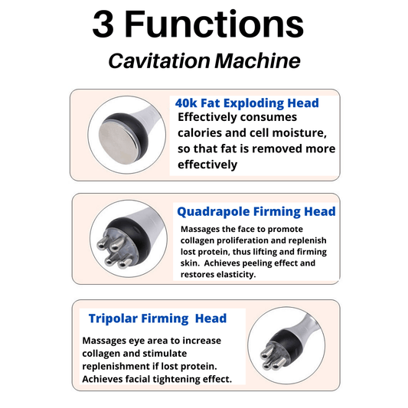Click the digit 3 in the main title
pos(103,24)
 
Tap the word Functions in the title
pos(214,24)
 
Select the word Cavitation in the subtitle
pos(159,61)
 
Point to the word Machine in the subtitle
pos(257,61)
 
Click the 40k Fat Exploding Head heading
pos(247,103)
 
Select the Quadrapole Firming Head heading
pos(256,211)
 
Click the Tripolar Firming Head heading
pos(158,318)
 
